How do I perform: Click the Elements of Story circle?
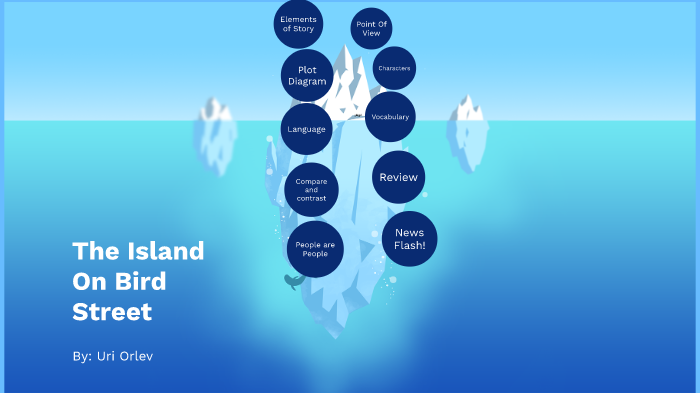coord(298,24)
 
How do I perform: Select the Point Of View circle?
coord(371,28)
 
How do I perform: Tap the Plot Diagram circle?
coord(307,75)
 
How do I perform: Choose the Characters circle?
coord(393,68)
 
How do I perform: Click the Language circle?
coord(306,129)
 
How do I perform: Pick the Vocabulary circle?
coord(390,117)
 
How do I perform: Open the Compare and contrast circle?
coord(311,190)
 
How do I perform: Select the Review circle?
coord(398,177)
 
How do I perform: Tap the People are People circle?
coord(315,249)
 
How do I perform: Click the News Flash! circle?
coord(410,239)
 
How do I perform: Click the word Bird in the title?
coord(144,281)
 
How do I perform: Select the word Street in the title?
coord(112,312)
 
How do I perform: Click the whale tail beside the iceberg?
coord(293,281)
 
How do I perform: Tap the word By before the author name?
coord(82,356)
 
